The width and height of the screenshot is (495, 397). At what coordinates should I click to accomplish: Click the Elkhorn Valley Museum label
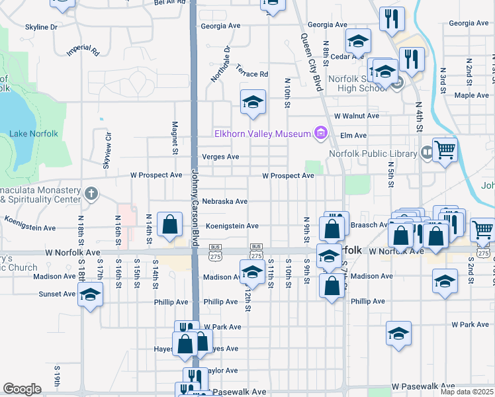pyautogui.click(x=262, y=134)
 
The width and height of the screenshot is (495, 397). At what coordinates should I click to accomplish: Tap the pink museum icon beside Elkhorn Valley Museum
pyautogui.click(x=322, y=134)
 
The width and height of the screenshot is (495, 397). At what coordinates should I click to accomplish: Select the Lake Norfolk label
pyautogui.click(x=34, y=134)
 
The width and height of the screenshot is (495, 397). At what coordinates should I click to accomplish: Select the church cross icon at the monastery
pyautogui.click(x=91, y=194)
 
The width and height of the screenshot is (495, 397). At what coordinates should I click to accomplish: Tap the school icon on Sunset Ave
pyautogui.click(x=91, y=294)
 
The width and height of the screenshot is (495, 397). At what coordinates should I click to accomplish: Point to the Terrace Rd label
pyautogui.click(x=253, y=74)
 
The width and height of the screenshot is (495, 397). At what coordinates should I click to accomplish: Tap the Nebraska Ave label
pyautogui.click(x=225, y=201)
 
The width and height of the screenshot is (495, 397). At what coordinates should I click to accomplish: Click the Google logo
pyautogui.click(x=22, y=389)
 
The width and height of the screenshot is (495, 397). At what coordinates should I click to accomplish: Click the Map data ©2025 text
pyautogui.click(x=467, y=392)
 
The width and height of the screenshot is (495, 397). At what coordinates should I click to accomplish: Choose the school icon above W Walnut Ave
pyautogui.click(x=253, y=102)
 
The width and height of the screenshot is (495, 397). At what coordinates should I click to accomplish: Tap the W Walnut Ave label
pyautogui.click(x=356, y=115)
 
